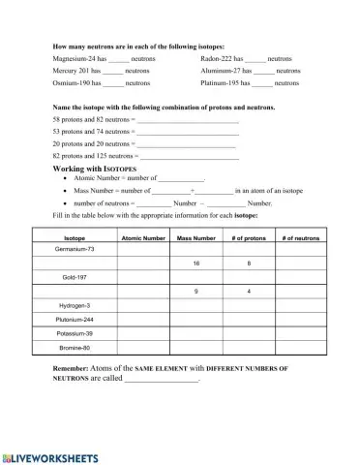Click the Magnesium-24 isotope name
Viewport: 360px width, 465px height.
pyautogui.click(x=73, y=59)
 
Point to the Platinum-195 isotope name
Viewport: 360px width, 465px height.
pyautogui.click(x=223, y=84)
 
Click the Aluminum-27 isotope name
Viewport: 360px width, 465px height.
pyautogui.click(x=224, y=72)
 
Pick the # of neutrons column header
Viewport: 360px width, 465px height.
pyautogui.click(x=301, y=237)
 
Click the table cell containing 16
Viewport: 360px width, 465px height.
pyautogui.click(x=196, y=263)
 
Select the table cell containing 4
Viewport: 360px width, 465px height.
pyautogui.click(x=249, y=292)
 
